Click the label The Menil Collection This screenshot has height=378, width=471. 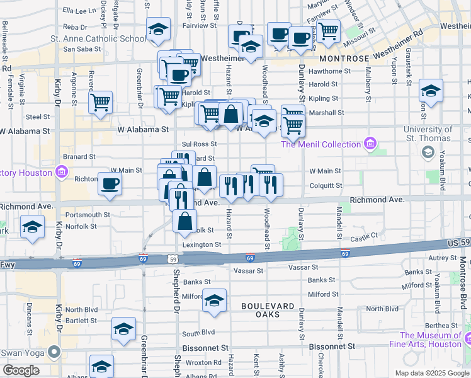tap(321, 144)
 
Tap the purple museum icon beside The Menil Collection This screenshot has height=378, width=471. tap(370, 144)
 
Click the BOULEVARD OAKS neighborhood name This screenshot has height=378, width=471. tap(268, 306)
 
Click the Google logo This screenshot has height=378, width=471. tap(21, 370)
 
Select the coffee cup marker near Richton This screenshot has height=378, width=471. tap(110, 183)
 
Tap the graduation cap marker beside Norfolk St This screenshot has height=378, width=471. tap(32, 227)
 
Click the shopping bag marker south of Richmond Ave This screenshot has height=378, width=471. tap(184, 221)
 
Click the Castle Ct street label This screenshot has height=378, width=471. tap(363, 236)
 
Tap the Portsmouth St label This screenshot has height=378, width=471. tap(88, 215)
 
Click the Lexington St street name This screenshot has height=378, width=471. tap(201, 244)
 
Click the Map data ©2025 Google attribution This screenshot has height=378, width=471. tap(431, 372)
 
